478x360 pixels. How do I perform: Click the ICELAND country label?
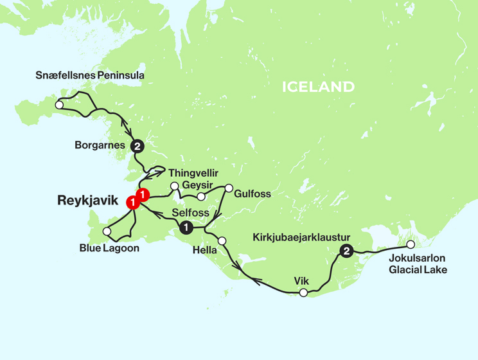[318, 87]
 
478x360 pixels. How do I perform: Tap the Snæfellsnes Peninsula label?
[90, 76]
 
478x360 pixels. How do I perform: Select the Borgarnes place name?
[100, 146]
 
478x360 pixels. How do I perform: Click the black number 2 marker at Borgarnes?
[137, 147]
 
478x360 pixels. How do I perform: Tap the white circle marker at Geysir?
[201, 196]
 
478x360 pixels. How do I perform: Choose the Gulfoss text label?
[252, 194]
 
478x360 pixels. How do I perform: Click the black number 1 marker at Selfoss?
[186, 227]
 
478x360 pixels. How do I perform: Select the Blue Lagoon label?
[109, 248]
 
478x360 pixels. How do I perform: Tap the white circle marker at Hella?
[222, 241]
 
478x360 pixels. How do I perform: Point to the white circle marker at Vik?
[304, 292]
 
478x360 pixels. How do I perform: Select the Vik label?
[302, 281]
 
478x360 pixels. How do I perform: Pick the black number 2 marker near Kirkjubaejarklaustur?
[346, 251]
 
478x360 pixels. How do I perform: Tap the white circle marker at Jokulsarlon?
[411, 244]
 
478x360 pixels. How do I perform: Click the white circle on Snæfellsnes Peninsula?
[59, 104]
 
